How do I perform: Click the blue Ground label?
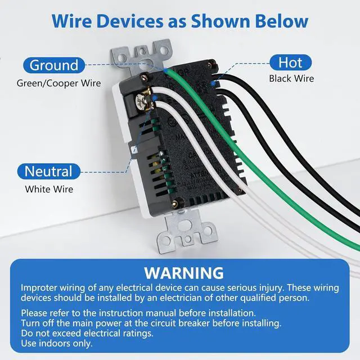(x=54, y=65)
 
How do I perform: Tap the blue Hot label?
(x=290, y=62)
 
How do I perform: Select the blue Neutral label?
(x=48, y=171)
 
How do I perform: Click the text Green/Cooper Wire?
(x=58, y=83)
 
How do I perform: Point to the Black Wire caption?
(x=291, y=79)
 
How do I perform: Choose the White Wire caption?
(x=49, y=190)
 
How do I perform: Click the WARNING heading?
(x=184, y=273)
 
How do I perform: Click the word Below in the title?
(x=280, y=21)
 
